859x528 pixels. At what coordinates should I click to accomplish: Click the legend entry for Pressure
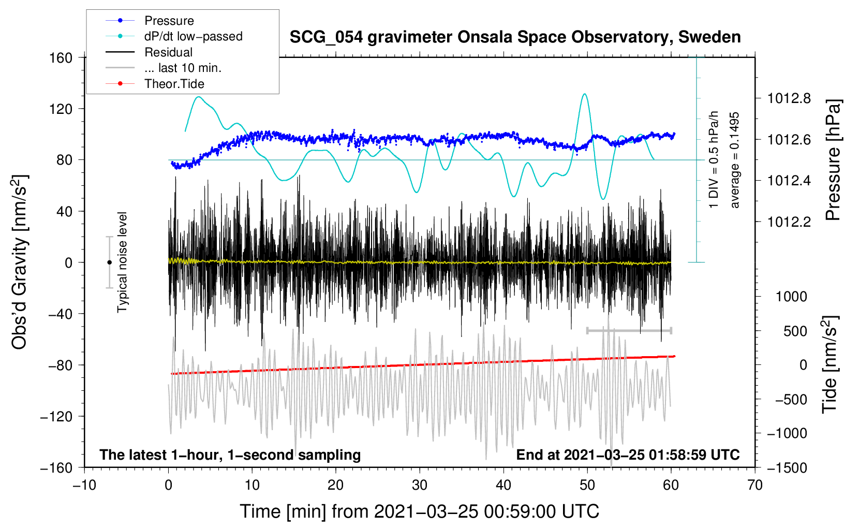click(x=169, y=21)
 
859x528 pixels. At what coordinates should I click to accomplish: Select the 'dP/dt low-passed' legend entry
click(x=193, y=36)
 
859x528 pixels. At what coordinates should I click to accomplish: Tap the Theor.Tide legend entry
click(x=174, y=84)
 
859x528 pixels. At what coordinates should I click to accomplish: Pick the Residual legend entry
click(x=168, y=52)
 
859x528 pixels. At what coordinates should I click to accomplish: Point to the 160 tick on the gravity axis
click(x=61, y=57)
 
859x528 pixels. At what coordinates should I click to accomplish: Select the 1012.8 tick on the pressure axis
click(x=789, y=98)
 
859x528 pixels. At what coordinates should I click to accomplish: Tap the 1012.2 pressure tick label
click(x=789, y=222)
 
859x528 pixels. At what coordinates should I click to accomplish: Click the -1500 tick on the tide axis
click(x=787, y=467)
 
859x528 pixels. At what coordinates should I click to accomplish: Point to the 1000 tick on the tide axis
click(x=791, y=297)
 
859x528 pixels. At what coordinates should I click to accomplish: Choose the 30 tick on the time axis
click(x=420, y=485)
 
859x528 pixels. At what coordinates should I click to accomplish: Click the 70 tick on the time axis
click(x=755, y=485)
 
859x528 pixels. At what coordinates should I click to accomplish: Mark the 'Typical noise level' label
click(x=122, y=262)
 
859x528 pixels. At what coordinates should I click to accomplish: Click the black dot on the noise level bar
click(x=109, y=262)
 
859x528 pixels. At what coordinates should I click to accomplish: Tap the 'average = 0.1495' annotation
click(x=735, y=160)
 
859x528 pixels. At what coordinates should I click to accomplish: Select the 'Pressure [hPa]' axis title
click(x=833, y=160)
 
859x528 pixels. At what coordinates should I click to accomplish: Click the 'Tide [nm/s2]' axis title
click(x=830, y=364)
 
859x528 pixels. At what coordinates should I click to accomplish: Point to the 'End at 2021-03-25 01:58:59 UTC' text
click(x=628, y=455)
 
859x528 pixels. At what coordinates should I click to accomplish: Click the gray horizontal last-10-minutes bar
click(x=629, y=330)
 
